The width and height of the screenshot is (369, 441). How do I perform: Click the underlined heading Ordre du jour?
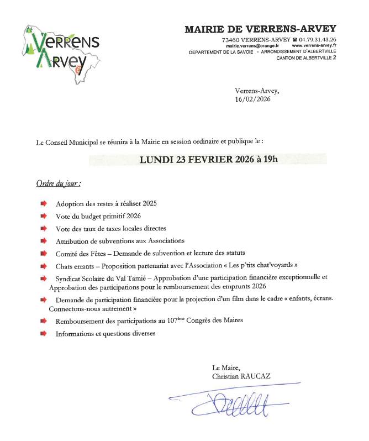[x=59, y=182]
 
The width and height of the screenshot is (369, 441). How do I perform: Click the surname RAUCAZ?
[x=262, y=376]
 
